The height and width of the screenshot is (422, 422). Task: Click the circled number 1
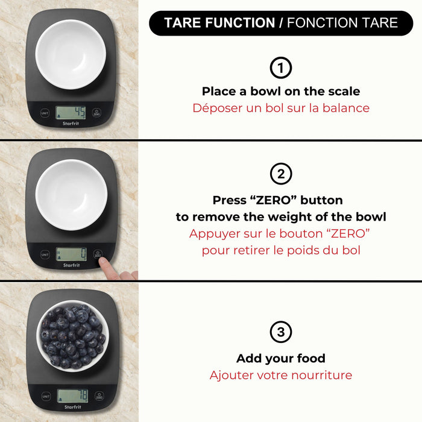pyautogui.click(x=281, y=68)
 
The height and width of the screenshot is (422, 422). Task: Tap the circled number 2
pyautogui.click(x=281, y=175)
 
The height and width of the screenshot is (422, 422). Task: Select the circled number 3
pyautogui.click(x=281, y=332)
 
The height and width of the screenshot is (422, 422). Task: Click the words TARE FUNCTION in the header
pyautogui.click(x=219, y=24)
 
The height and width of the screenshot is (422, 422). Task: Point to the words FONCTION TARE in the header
pyautogui.click(x=342, y=24)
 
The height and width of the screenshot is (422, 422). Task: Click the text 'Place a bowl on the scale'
pyautogui.click(x=281, y=92)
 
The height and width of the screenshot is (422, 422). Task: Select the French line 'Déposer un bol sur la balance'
pyautogui.click(x=281, y=109)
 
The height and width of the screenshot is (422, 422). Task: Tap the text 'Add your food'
pyautogui.click(x=281, y=359)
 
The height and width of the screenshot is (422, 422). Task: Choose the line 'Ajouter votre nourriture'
pyautogui.click(x=281, y=375)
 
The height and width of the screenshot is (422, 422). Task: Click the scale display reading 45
pyautogui.click(x=71, y=113)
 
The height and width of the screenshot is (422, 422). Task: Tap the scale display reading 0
pyautogui.click(x=71, y=254)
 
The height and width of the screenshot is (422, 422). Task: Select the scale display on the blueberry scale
pyautogui.click(x=72, y=395)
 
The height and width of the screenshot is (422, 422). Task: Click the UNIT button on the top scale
pyautogui.click(x=45, y=113)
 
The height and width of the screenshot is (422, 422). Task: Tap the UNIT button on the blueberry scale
pyautogui.click(x=46, y=396)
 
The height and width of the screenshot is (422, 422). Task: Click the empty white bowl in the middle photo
pyautogui.click(x=71, y=194)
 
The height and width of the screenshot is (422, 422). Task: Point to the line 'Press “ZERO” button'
pyautogui.click(x=277, y=200)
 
